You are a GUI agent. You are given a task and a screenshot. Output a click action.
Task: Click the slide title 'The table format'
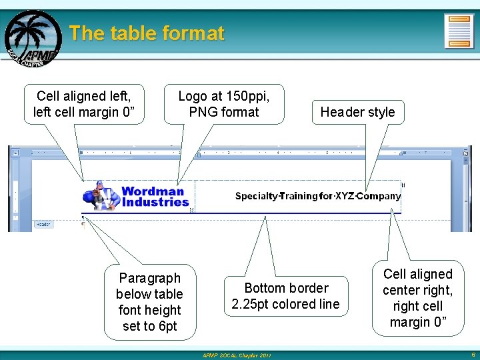[x=147, y=33]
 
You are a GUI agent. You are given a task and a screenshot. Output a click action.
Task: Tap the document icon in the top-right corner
[x=459, y=31]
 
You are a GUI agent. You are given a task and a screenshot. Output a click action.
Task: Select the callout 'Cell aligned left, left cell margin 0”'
[x=88, y=104]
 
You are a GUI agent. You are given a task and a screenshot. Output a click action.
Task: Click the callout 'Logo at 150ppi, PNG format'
[x=224, y=104]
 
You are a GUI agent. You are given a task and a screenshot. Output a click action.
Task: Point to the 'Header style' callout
[x=357, y=112]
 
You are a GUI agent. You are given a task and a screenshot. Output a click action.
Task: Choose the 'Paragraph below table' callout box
[x=149, y=302]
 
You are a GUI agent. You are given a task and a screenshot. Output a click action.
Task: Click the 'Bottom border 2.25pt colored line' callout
[x=285, y=297]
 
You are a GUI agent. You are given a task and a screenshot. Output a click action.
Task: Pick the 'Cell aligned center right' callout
[x=417, y=298]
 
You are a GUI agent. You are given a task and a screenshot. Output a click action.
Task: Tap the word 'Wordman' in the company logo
[x=153, y=191]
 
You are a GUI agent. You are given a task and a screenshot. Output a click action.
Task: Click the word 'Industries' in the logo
[x=155, y=202]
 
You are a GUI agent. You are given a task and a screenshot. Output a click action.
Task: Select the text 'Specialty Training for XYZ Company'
[x=317, y=196]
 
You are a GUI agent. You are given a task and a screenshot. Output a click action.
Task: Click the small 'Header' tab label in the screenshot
[x=43, y=225]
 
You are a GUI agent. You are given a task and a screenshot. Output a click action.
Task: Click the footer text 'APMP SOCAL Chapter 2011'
[x=237, y=355]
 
